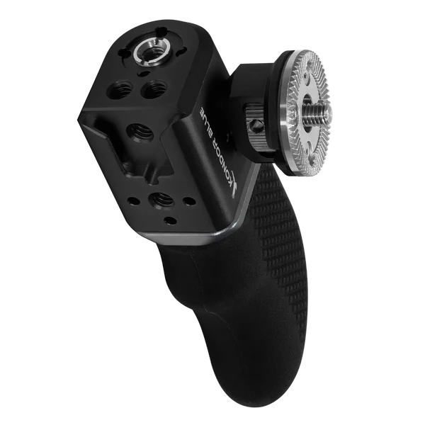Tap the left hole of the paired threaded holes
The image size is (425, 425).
[120, 89]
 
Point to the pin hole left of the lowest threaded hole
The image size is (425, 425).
[134, 201]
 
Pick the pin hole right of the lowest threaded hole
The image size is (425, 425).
[189, 201]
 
